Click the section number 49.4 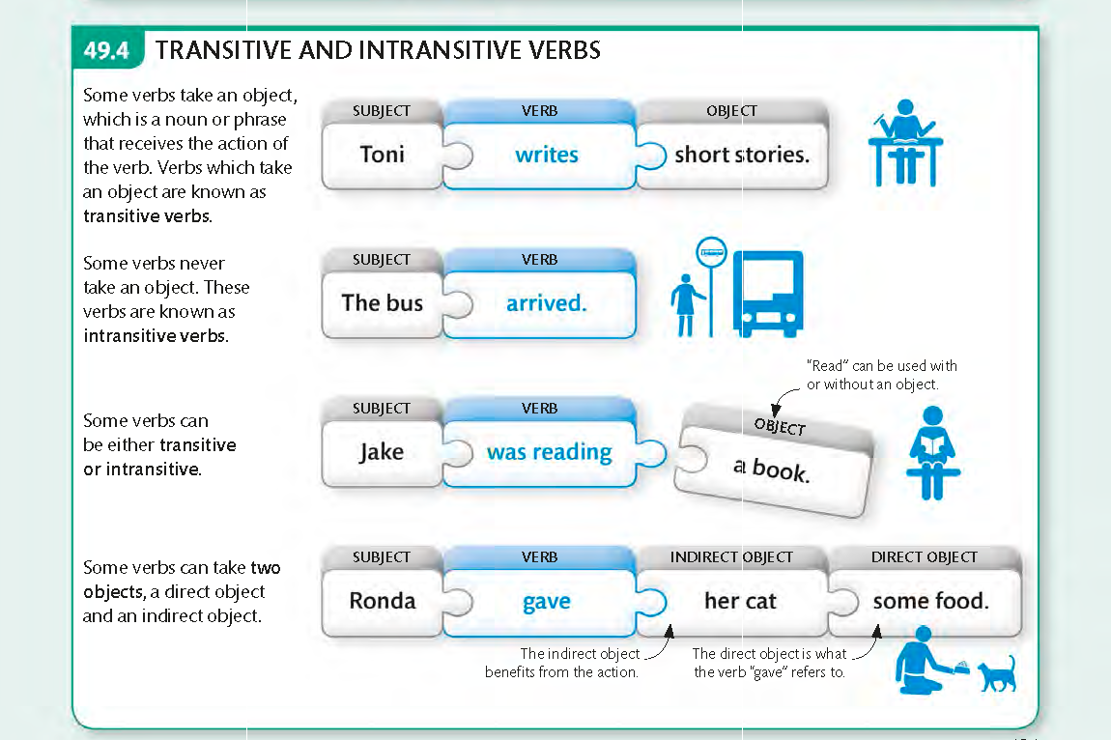(x=107, y=50)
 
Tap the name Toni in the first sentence (x=382, y=155)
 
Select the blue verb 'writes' (x=547, y=155)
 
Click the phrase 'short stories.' (x=742, y=155)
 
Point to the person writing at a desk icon (x=904, y=142)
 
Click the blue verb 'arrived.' (x=547, y=303)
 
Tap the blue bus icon (x=768, y=293)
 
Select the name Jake (x=382, y=452)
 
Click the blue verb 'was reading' (x=549, y=452)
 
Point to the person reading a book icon (x=931, y=452)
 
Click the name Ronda (x=382, y=601)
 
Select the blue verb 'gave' (x=547, y=602)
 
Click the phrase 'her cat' (x=740, y=601)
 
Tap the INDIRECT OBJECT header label (x=731, y=557)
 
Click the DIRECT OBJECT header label (x=925, y=557)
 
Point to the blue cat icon (x=997, y=673)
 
